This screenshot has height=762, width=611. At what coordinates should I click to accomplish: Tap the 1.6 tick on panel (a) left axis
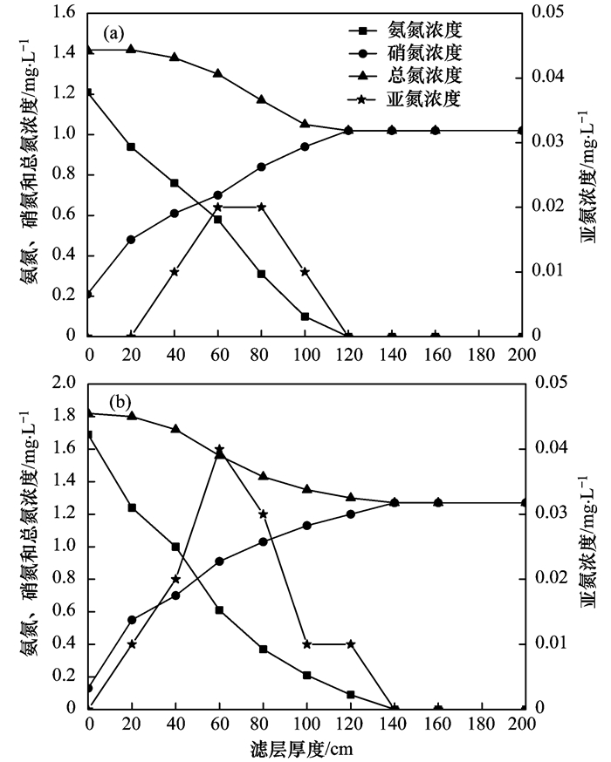coord(67,14)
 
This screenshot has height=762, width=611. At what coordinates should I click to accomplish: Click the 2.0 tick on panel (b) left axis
coord(67,384)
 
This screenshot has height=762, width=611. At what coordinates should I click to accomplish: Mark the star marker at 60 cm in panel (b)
coord(219,448)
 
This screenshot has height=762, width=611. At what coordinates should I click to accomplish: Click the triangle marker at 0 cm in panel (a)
coord(88,50)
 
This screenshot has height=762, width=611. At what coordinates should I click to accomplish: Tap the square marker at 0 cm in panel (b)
coord(88,434)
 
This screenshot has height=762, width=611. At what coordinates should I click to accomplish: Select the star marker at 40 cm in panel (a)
coord(175,272)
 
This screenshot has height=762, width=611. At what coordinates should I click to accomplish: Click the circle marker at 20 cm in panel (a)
coord(132,239)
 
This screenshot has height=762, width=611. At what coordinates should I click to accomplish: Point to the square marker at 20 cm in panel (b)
coord(132,507)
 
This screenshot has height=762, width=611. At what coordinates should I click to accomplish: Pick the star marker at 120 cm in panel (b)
coord(349,644)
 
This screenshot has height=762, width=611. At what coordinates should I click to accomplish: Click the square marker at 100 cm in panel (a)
coord(305,316)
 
